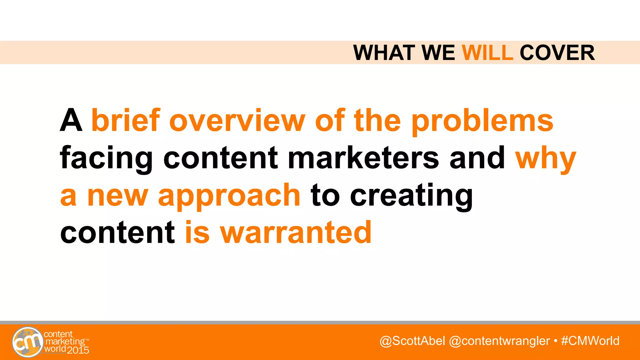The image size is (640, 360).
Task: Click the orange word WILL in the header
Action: click(487, 53)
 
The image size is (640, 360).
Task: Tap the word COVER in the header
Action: click(557, 53)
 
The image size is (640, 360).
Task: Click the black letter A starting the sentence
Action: click(71, 121)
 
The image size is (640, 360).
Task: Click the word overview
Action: click(237, 121)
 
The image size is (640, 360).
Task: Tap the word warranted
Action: click(296, 232)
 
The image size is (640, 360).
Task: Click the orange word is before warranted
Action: click(197, 232)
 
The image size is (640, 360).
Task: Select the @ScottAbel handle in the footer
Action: click(412, 341)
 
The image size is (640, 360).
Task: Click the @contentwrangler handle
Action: click(499, 341)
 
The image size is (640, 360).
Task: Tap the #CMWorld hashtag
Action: click(590, 341)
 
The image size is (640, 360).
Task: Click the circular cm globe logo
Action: click(27, 342)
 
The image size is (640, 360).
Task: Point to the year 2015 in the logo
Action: click(78, 350)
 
